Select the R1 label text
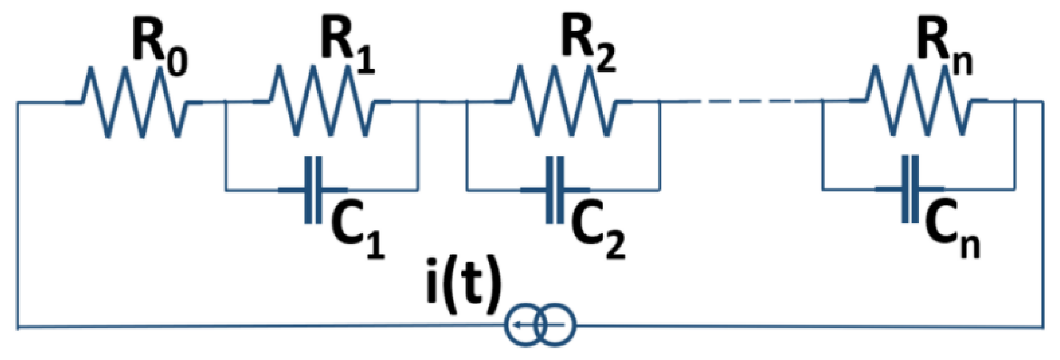pos(348,47)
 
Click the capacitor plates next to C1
pos(313,190)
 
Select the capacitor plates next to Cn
pos(910,189)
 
